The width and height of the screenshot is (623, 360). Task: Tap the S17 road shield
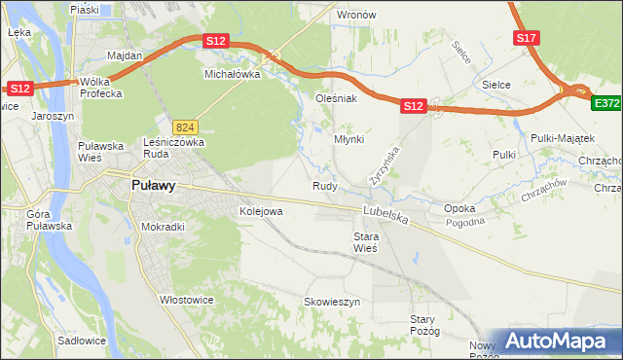coord(526,38)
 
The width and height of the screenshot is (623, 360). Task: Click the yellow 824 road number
coord(185,127)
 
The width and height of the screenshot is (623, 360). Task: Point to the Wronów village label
coord(355,15)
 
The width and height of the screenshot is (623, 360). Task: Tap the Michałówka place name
coord(231,73)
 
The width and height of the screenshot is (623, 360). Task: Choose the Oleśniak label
coord(337,97)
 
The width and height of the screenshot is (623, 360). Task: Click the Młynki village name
coord(348,139)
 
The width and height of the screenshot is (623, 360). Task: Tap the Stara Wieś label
coord(365,241)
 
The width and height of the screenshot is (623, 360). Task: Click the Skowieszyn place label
coord(332,302)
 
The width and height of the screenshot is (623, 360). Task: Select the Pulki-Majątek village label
coord(556,139)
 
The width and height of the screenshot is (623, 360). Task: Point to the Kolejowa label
coord(260,210)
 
